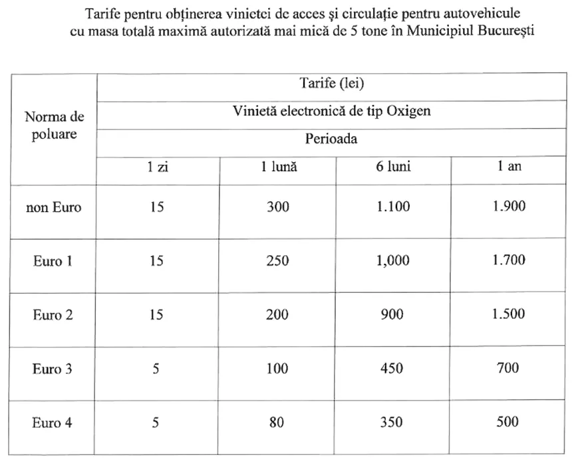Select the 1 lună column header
pyautogui.click(x=278, y=167)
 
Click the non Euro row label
pyautogui.click(x=53, y=207)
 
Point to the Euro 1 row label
pyautogui.click(x=53, y=261)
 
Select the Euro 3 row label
pyautogui.click(x=53, y=369)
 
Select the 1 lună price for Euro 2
pyautogui.click(x=278, y=314)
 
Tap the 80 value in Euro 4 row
pyautogui.click(x=278, y=422)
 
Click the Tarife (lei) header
pyautogui.click(x=332, y=84)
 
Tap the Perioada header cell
pyautogui.click(x=331, y=139)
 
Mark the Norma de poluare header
pyautogui.click(x=54, y=126)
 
